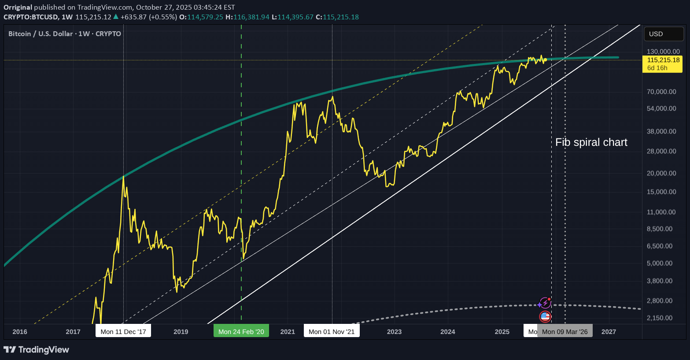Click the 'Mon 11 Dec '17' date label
[x=123, y=331]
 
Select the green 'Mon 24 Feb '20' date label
[x=241, y=331]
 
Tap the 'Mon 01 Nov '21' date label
[x=332, y=331]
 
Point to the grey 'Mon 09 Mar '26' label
[x=565, y=331]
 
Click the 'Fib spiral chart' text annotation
[x=591, y=142]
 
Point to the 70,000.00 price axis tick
[x=661, y=92]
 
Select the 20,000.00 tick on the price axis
[x=661, y=173]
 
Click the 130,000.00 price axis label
[x=663, y=52]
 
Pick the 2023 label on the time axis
[x=394, y=332]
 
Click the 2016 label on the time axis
[x=20, y=332]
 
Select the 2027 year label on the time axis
[x=609, y=332]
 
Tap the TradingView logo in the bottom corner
[x=37, y=350]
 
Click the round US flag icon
[x=545, y=316]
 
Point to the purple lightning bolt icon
[x=545, y=303]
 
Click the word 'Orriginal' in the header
[x=18, y=7]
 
